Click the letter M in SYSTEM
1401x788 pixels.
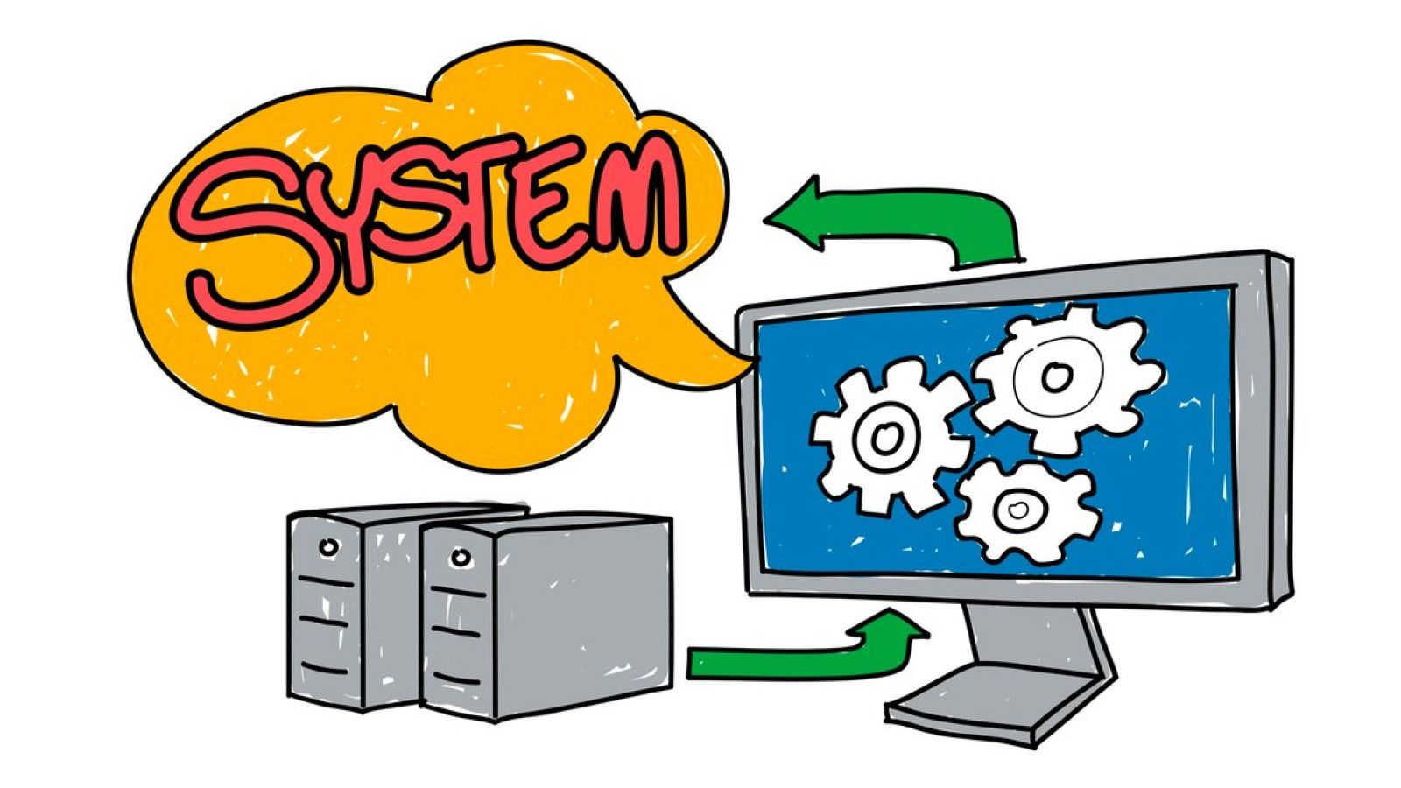click(x=625, y=201)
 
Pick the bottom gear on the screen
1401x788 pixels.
click(x=1025, y=510)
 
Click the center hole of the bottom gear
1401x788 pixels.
click(x=1017, y=510)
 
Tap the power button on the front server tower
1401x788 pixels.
click(x=461, y=556)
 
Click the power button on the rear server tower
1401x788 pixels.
click(x=328, y=547)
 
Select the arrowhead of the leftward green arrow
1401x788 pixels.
click(x=792, y=215)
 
